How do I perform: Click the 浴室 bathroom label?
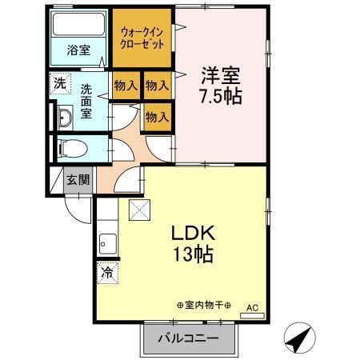tap(78, 50)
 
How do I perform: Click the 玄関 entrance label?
tap(77, 179)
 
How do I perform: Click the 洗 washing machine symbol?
tap(61, 82)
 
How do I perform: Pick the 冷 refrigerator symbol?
tap(106, 272)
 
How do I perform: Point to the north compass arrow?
tap(295, 338)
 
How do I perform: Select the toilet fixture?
tap(72, 147)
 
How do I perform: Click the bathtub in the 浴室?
tap(78, 24)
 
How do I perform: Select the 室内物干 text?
tap(202, 306)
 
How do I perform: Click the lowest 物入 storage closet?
tap(157, 117)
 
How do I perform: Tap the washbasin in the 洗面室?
tap(64, 119)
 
